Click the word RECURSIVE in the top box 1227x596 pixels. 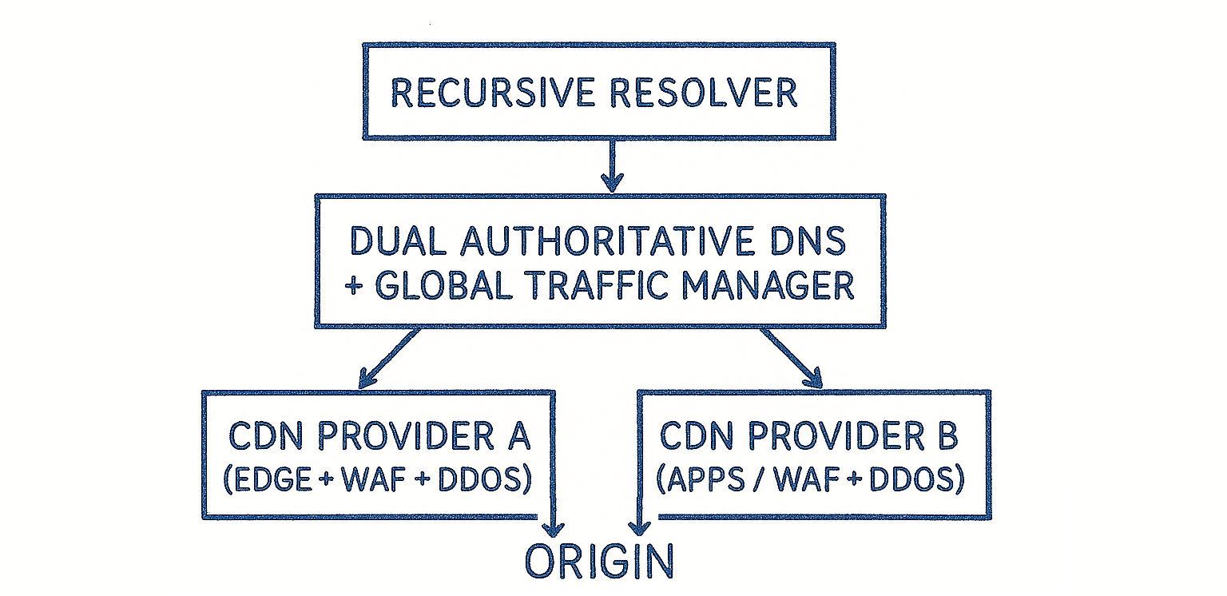[492, 93]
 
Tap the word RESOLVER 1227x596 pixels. [704, 93]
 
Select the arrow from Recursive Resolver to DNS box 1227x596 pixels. [612, 165]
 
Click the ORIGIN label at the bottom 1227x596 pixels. [599, 562]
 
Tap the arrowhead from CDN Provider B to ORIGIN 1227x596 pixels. [637, 527]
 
